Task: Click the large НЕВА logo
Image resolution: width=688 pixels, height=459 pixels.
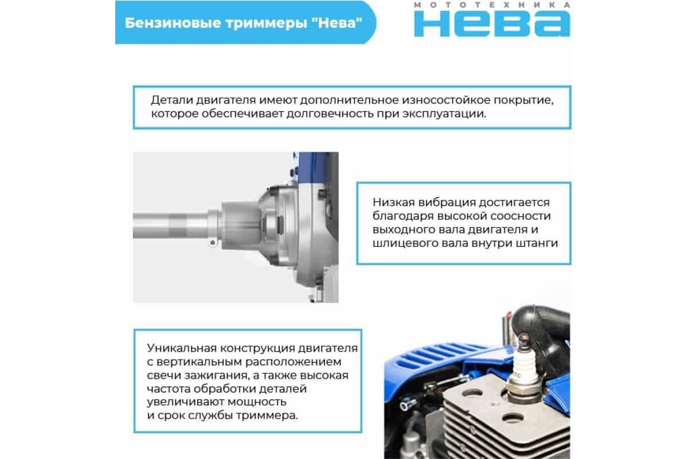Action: [x=492, y=24]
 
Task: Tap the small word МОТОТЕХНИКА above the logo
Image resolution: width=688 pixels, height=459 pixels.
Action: [x=492, y=5]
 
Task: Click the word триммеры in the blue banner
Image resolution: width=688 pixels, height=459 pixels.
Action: [x=266, y=24]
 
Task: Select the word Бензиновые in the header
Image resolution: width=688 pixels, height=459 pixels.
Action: [x=173, y=23]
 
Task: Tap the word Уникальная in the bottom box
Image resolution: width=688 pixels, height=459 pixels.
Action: [x=182, y=348]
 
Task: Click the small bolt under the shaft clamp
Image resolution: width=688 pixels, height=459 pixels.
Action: [x=212, y=243]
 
